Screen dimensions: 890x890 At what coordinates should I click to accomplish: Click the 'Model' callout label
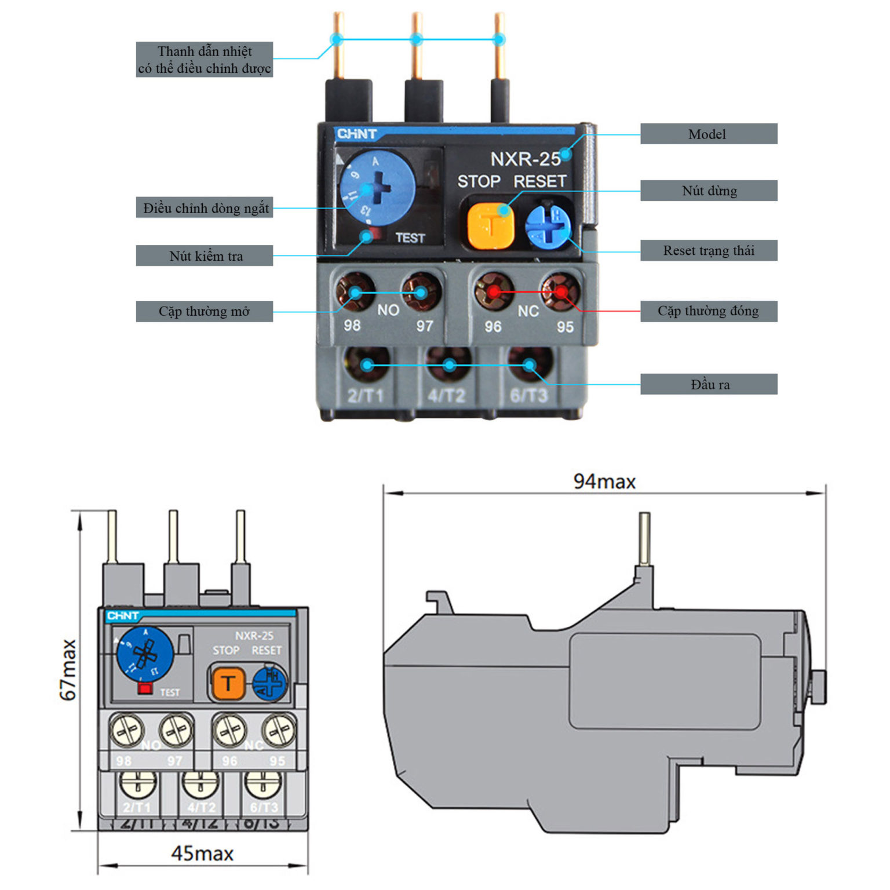[708, 134]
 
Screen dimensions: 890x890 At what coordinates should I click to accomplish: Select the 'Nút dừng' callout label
[708, 191]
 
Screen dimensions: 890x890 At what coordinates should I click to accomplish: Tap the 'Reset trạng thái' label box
[708, 250]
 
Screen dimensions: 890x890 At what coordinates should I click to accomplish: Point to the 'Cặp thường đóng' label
[708, 311]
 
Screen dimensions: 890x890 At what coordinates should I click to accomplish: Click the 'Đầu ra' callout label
[708, 384]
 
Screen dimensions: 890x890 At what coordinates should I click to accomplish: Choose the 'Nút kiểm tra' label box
[205, 256]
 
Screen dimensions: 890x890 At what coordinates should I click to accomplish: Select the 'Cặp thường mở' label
[205, 311]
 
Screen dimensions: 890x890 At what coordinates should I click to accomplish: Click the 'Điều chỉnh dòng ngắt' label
[205, 207]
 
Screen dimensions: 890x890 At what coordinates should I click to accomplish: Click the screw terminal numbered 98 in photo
[355, 291]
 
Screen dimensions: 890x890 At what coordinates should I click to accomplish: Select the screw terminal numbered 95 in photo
[560, 291]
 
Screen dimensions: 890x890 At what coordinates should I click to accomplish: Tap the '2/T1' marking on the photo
[365, 396]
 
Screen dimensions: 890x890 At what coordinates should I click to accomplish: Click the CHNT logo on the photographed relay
[357, 134]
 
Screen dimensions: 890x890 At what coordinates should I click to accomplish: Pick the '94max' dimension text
[604, 482]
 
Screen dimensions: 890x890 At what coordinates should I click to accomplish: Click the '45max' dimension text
[202, 853]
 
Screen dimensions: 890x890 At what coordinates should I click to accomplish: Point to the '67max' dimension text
[68, 670]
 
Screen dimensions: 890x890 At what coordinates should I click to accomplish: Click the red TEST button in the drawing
[145, 688]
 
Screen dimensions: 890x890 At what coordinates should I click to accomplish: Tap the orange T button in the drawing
[228, 684]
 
